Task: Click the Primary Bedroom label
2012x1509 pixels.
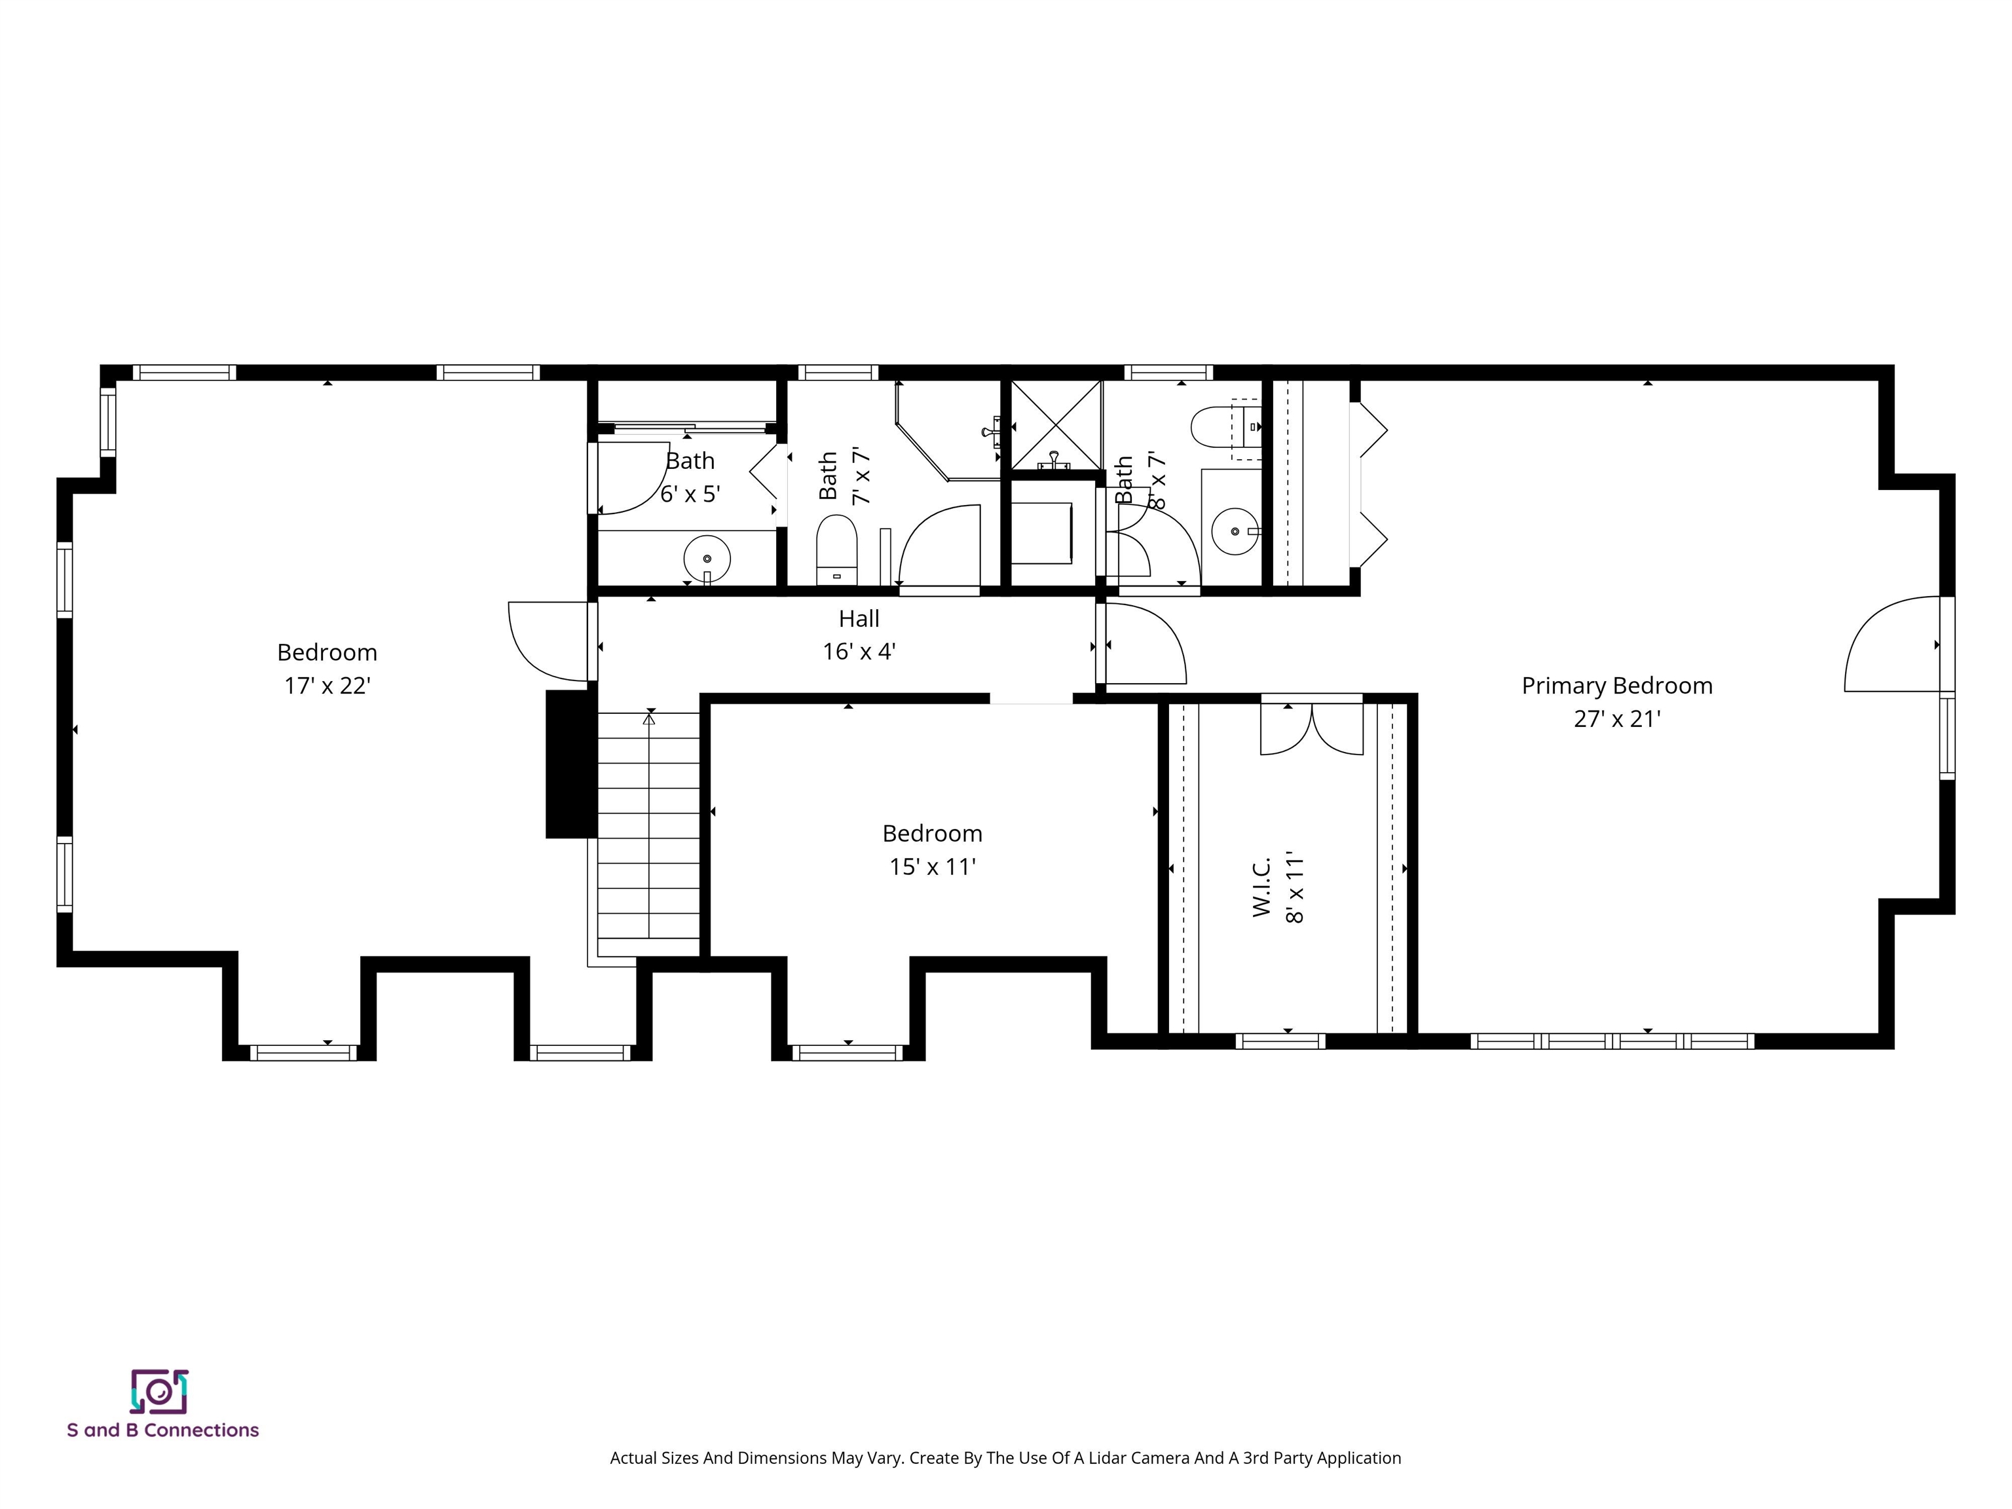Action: [x=1616, y=686]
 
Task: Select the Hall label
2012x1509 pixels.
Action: [x=859, y=618]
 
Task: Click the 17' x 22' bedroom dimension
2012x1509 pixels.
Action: [x=327, y=686]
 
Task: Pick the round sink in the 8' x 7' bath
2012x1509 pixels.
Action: [x=1235, y=531]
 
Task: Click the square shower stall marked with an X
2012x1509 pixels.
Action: [x=1055, y=424]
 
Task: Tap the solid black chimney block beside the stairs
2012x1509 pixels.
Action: [x=570, y=764]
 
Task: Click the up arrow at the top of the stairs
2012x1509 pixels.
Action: [x=648, y=718]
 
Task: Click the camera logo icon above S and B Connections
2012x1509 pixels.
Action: [x=159, y=1392]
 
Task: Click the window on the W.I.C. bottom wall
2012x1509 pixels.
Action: [x=1280, y=1041]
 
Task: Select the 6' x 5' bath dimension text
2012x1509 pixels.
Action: [x=690, y=494]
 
